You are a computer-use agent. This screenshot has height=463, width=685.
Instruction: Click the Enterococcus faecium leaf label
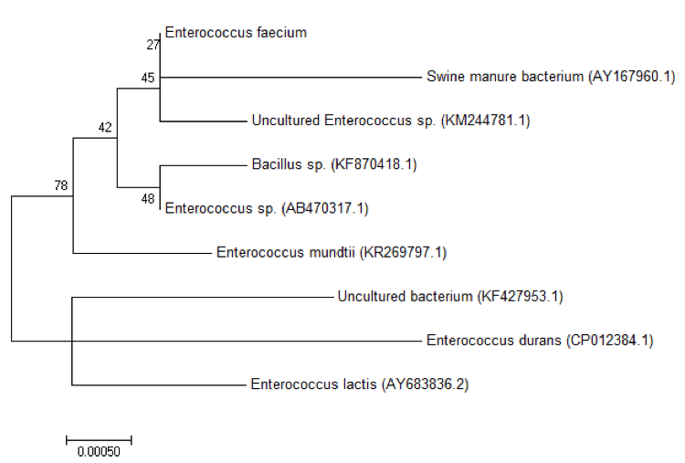click(x=236, y=33)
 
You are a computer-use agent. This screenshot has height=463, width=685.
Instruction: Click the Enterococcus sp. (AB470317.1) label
click(x=266, y=208)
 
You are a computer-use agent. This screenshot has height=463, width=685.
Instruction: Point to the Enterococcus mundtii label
click(x=318, y=252)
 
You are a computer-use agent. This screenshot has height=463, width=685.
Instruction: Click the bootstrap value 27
click(x=153, y=44)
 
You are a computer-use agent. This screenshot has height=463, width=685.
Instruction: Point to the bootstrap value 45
click(x=147, y=79)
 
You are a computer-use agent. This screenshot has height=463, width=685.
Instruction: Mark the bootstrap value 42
click(x=105, y=127)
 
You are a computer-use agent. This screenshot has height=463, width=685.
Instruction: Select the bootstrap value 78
click(x=60, y=185)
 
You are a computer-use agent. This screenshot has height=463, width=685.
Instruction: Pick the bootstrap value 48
click(x=147, y=198)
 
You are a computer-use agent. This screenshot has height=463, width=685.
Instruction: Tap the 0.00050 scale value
click(x=99, y=451)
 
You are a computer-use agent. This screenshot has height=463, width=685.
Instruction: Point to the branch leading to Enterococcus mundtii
click(x=142, y=252)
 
